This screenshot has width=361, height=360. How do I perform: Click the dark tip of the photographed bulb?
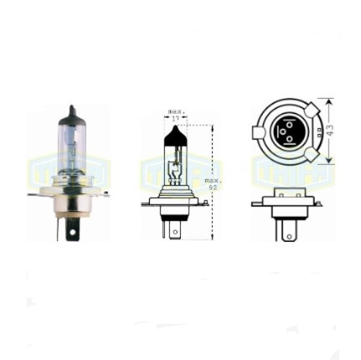click(71, 113)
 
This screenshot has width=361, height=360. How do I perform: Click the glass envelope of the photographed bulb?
click(70, 148)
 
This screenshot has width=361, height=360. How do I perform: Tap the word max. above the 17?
click(175, 112)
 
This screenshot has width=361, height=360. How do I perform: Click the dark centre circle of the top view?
click(286, 133)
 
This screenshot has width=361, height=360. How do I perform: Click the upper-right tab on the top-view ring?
click(311, 111)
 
